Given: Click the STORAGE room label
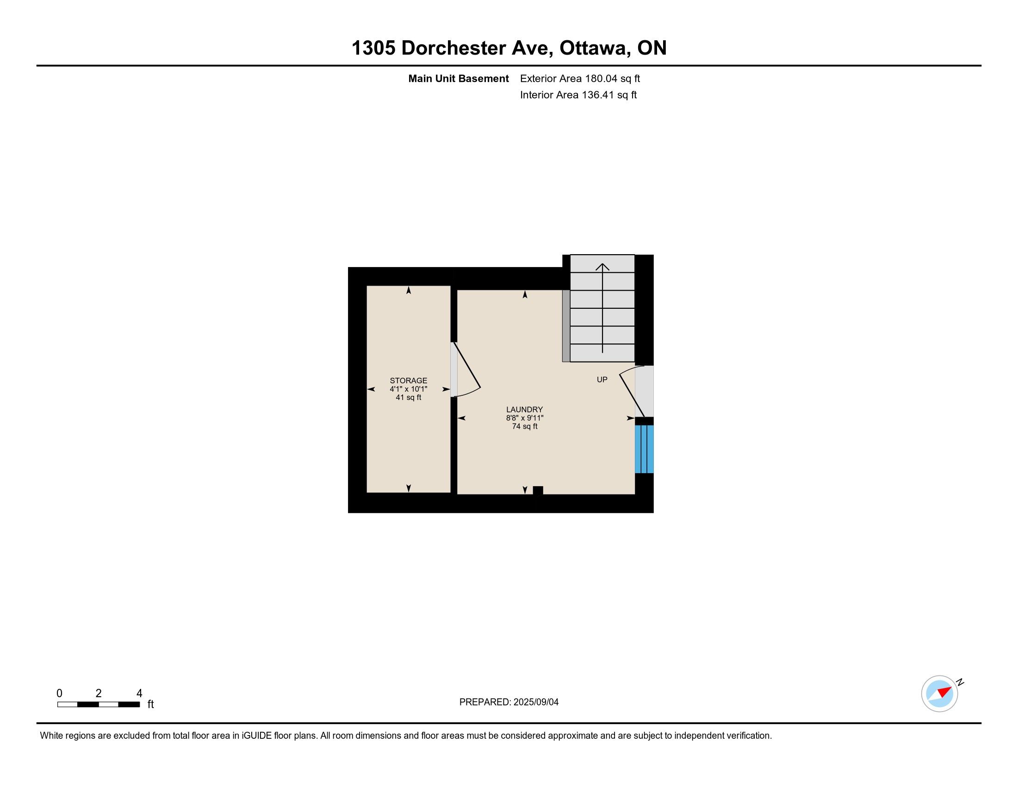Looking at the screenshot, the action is pos(408,381).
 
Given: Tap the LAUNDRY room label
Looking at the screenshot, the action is pos(524,409).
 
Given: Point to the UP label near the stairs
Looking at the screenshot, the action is pos(602,380).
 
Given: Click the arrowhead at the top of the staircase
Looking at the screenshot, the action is pos(602,267).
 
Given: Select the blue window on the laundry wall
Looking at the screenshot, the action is pos(644,449).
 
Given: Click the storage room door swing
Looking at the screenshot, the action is pos(466,370).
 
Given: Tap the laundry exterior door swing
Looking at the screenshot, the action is pos(632,391).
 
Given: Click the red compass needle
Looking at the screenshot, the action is pos(945,692).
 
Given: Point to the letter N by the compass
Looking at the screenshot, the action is pos(960,682).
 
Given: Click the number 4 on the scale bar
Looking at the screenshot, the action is pos(139,693).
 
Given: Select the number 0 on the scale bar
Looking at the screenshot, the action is pos(59,693).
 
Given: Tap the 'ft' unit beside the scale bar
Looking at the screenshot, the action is pos(150,704).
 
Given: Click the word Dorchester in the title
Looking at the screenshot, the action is pos(474,48).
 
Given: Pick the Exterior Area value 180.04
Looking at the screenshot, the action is pos(601,78).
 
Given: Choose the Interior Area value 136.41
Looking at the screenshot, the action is pos(598,94).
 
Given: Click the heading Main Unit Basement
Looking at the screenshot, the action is pos(458,78).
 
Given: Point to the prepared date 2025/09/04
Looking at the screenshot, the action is pos(535,702).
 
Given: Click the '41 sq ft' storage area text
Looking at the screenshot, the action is pos(408,397).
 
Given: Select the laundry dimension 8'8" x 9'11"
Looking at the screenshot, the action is pos(524,418).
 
